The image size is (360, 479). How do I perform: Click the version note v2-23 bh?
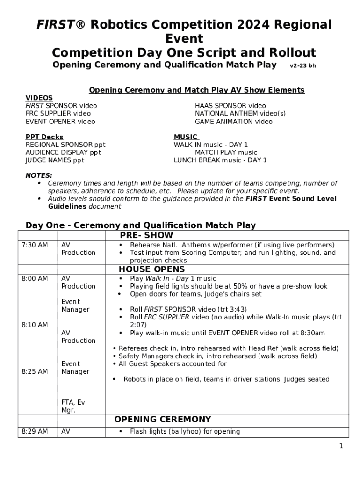(302, 66)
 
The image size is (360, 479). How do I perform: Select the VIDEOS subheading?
(39, 98)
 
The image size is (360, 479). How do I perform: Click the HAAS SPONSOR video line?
(230, 106)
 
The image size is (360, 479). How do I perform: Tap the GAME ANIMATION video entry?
(233, 122)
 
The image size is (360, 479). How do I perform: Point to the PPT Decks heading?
(44, 137)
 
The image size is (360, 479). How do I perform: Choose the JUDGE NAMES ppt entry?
(55, 160)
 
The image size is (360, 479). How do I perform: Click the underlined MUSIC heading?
(186, 137)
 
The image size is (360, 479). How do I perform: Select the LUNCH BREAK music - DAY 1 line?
(220, 160)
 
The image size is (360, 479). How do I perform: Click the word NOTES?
(39, 175)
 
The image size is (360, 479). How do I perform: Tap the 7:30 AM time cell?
(35, 245)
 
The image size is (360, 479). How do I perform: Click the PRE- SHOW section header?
(146, 235)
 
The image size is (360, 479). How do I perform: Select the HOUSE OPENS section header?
(151, 269)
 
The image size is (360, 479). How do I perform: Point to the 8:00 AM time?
(35, 279)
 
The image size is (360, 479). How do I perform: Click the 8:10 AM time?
(35, 325)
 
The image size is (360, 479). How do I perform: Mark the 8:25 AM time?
(35, 371)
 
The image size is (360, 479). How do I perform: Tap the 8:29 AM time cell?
(35, 432)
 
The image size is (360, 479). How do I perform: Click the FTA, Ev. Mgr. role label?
(74, 406)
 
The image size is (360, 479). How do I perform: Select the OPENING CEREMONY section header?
(162, 420)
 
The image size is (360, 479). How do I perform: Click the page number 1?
(341, 446)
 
